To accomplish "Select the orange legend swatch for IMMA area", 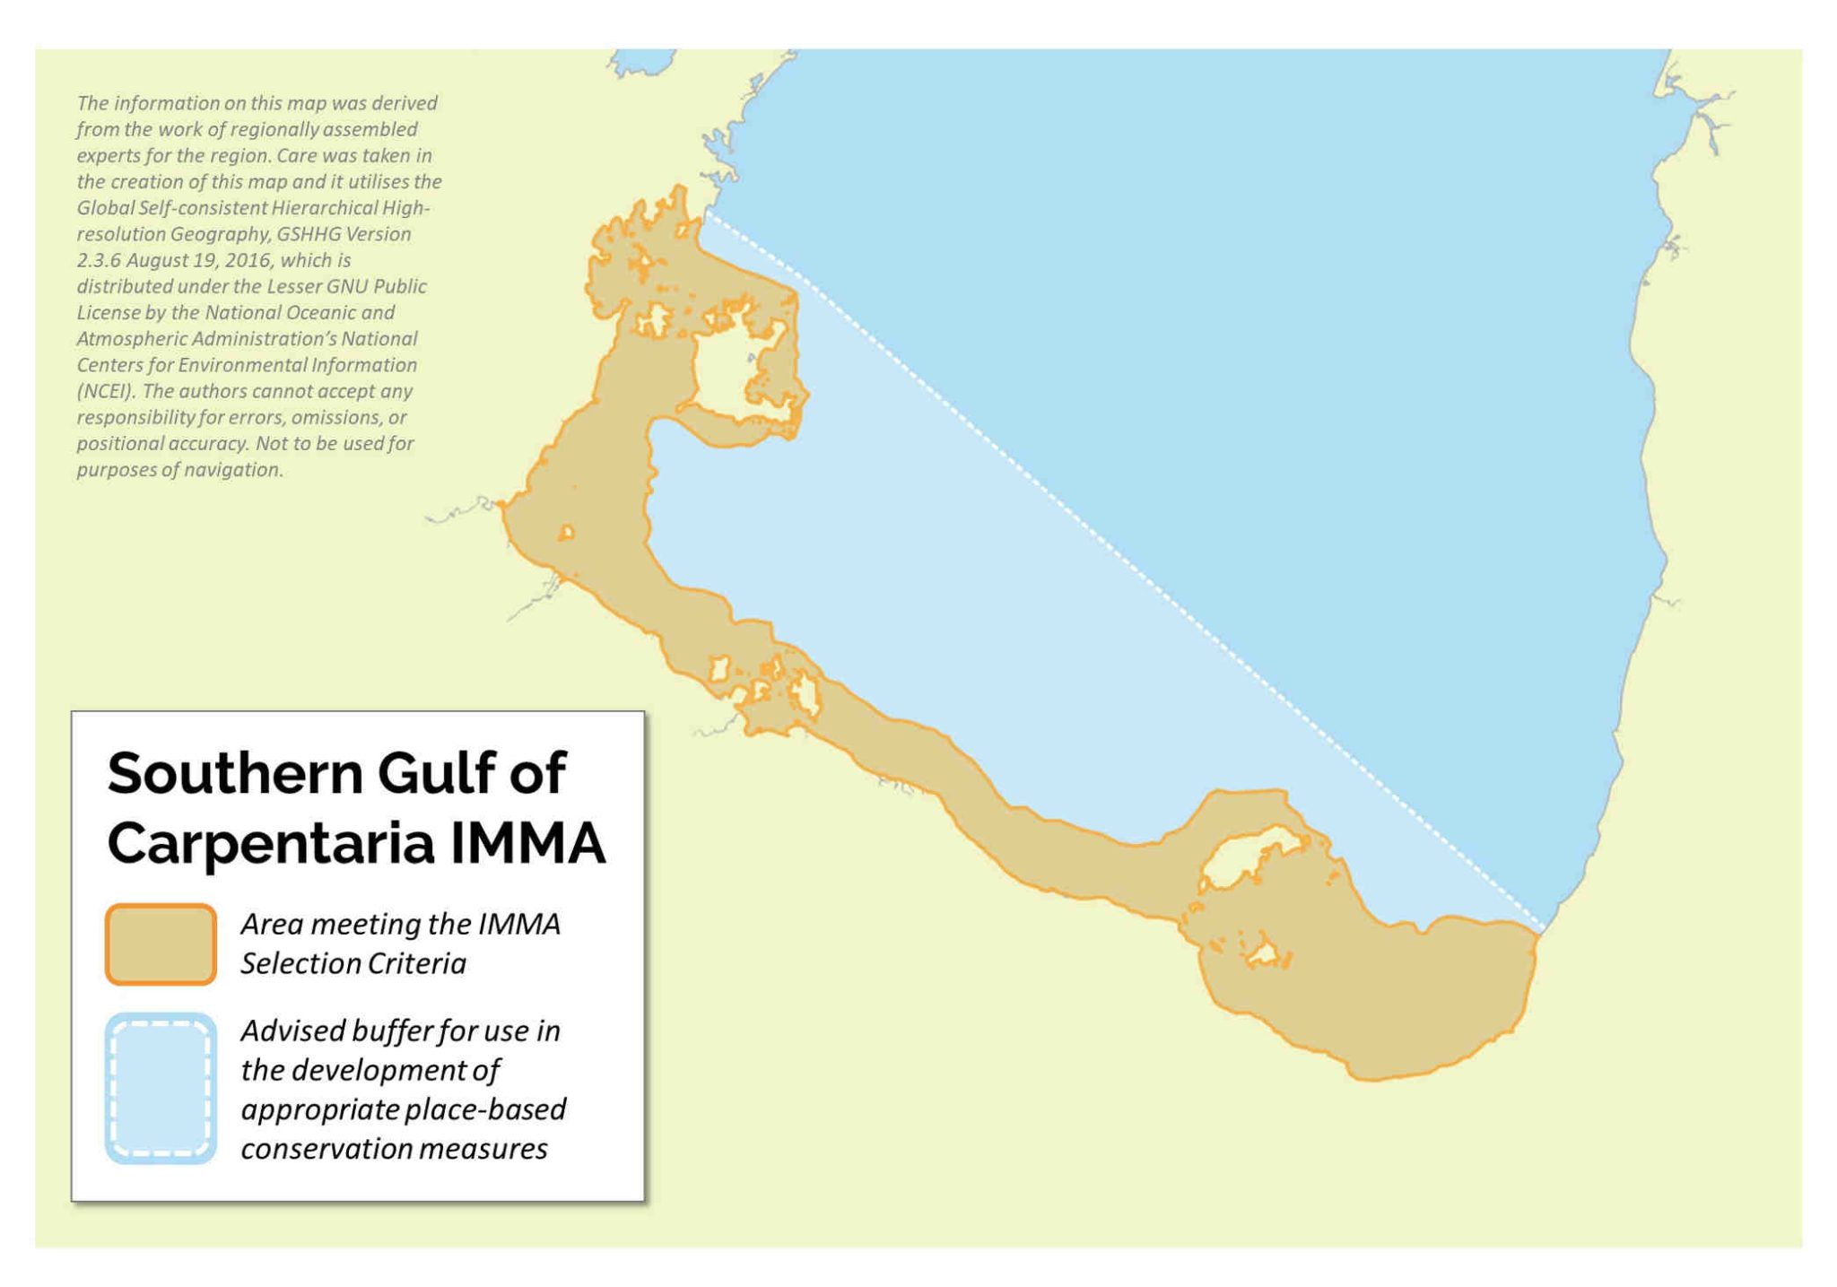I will [x=161, y=944].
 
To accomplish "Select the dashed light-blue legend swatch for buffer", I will [x=161, y=1089].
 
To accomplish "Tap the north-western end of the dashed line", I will [x=707, y=213].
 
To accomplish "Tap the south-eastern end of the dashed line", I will [x=1542, y=931].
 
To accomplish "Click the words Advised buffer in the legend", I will [x=335, y=1031].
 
